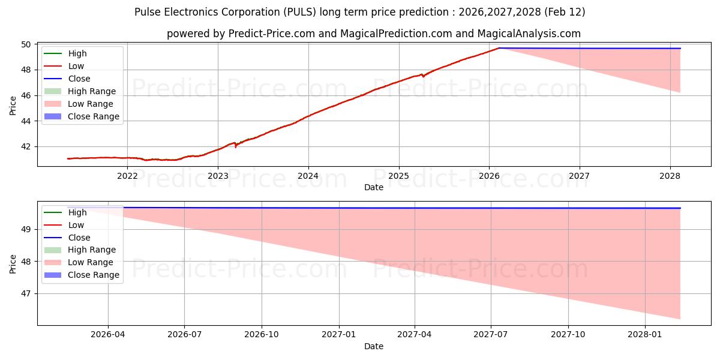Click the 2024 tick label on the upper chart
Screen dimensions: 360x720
coord(308,176)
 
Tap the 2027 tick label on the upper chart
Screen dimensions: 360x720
coord(580,176)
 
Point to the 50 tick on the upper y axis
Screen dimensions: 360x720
coord(27,44)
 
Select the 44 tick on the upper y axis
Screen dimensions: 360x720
coord(27,121)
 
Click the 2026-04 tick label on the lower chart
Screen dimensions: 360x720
coord(108,334)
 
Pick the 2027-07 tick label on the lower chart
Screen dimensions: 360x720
coord(491,334)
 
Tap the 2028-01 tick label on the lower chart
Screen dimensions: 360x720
coord(645,334)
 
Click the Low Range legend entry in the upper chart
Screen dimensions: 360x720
coord(92,104)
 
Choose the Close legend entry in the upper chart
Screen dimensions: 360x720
coord(79,79)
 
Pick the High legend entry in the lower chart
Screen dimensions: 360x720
coord(77,212)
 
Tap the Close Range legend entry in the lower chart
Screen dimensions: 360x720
coord(94,275)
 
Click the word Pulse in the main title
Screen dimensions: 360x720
coord(147,12)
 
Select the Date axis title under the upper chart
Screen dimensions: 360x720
coord(373,187)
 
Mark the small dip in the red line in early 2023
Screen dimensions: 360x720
coord(235,146)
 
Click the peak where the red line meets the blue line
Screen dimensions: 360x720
coord(499,48)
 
